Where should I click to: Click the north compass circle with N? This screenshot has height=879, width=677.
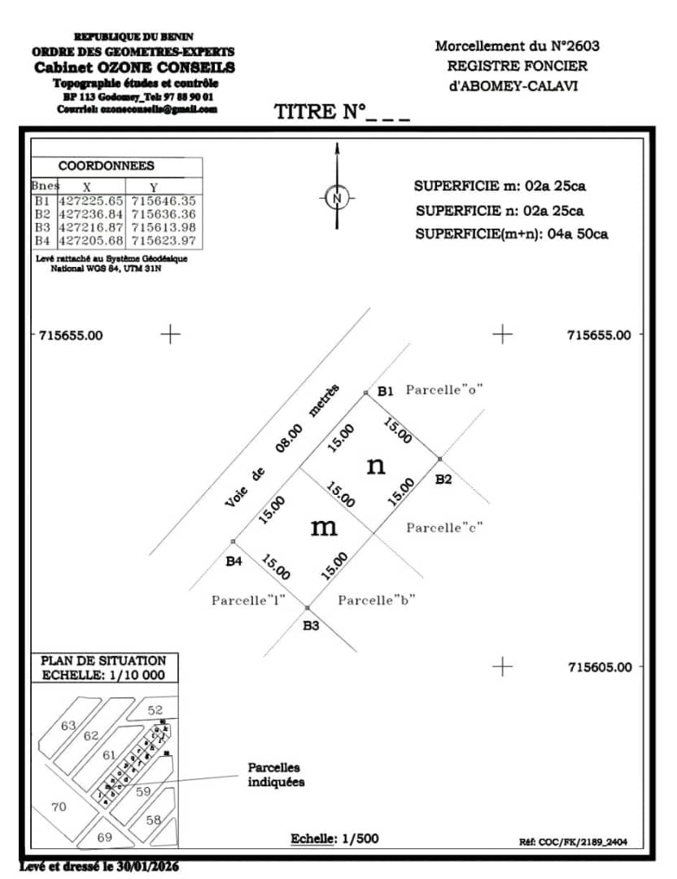click(338, 198)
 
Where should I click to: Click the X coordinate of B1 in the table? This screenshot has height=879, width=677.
click(91, 200)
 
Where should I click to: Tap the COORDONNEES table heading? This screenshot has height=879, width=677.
click(107, 166)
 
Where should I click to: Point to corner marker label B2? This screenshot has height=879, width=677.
click(443, 479)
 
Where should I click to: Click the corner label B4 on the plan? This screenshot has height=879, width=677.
click(234, 561)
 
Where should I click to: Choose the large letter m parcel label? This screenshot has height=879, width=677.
click(324, 527)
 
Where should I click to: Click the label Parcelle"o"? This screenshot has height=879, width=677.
click(445, 390)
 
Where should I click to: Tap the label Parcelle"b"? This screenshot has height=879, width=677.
click(377, 601)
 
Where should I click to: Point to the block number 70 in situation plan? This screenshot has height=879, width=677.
click(58, 807)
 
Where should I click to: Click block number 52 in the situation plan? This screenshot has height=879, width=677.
click(155, 711)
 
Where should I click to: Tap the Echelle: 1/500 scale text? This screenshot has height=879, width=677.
click(335, 838)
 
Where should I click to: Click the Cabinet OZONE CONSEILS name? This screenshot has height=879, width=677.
click(134, 68)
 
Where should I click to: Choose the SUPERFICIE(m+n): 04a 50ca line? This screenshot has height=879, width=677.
click(512, 234)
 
